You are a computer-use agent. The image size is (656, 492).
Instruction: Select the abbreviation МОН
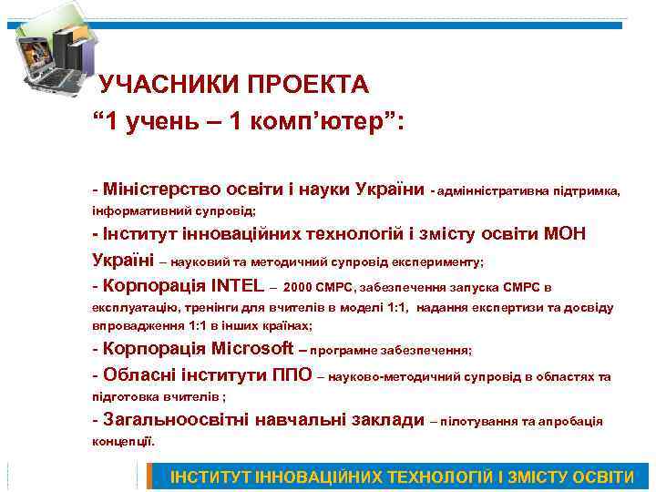pos(563,234)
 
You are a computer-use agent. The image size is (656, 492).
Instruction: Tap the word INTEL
pos(237,284)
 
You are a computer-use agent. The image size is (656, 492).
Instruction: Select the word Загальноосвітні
pos(174,420)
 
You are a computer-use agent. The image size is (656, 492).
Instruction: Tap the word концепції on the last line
pos(123,441)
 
